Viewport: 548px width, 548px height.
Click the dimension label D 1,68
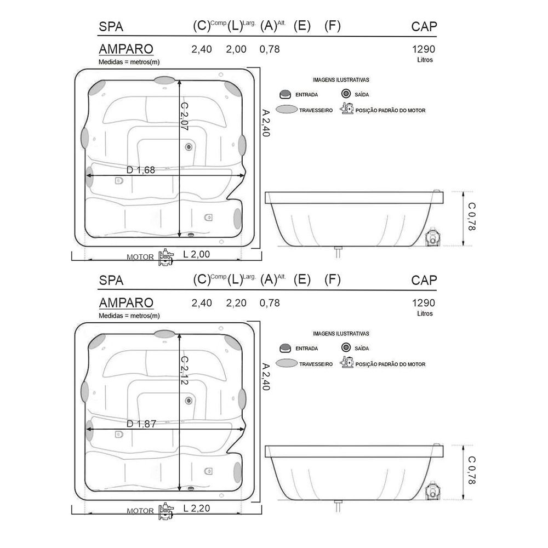click(140, 170)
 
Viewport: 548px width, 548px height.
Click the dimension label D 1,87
click(141, 424)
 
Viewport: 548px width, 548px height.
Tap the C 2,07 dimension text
click(184, 116)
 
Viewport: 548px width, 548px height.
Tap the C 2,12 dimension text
click(184, 370)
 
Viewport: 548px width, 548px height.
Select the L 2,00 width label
click(196, 254)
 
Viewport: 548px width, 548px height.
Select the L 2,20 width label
click(196, 508)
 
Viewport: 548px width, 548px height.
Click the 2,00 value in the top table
click(236, 49)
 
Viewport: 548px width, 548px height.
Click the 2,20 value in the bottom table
click(236, 303)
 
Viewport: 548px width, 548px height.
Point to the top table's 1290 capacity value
click(424, 49)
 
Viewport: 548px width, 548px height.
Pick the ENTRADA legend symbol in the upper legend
click(285, 94)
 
